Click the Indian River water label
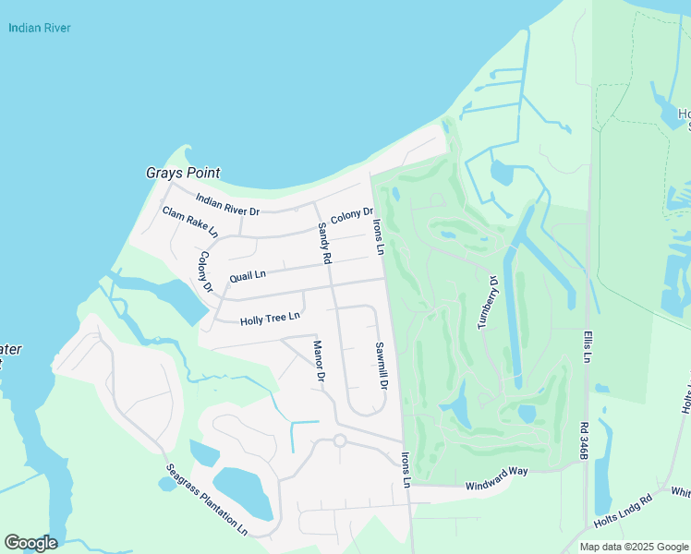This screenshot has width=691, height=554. [40, 28]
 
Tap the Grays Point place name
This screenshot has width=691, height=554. [183, 173]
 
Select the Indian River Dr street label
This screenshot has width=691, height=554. [228, 204]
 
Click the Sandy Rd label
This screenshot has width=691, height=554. [323, 244]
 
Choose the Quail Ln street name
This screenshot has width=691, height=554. [248, 274]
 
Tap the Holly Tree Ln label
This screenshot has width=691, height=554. [270, 319]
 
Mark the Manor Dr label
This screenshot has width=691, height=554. [319, 361]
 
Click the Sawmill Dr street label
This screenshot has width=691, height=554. [380, 365]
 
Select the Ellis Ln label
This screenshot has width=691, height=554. [586, 346]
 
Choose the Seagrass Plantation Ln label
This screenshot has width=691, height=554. [207, 500]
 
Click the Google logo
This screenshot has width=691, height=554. [30, 543]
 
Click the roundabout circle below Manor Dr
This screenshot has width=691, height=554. [339, 441]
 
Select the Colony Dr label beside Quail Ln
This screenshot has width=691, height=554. [205, 272]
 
